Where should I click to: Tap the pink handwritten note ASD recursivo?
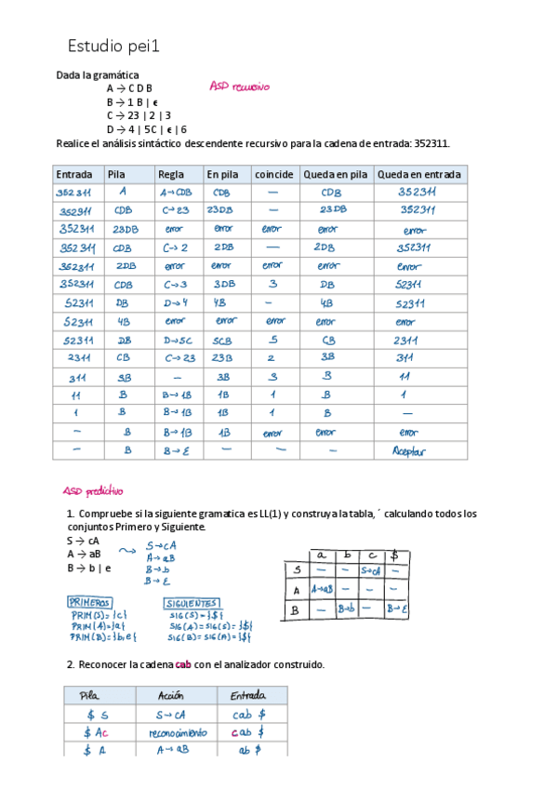(x=239, y=87)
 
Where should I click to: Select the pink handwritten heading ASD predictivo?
(x=93, y=491)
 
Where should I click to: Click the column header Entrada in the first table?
(x=74, y=174)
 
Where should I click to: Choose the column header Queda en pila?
(x=336, y=174)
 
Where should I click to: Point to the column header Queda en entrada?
(x=419, y=174)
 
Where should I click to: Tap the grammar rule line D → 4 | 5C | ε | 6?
(x=147, y=129)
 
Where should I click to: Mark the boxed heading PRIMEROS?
(x=91, y=602)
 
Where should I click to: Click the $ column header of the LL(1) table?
(x=396, y=555)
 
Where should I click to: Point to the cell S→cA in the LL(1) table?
(x=370, y=570)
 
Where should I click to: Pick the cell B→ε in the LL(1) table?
(x=398, y=609)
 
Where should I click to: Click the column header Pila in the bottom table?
(x=90, y=695)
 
